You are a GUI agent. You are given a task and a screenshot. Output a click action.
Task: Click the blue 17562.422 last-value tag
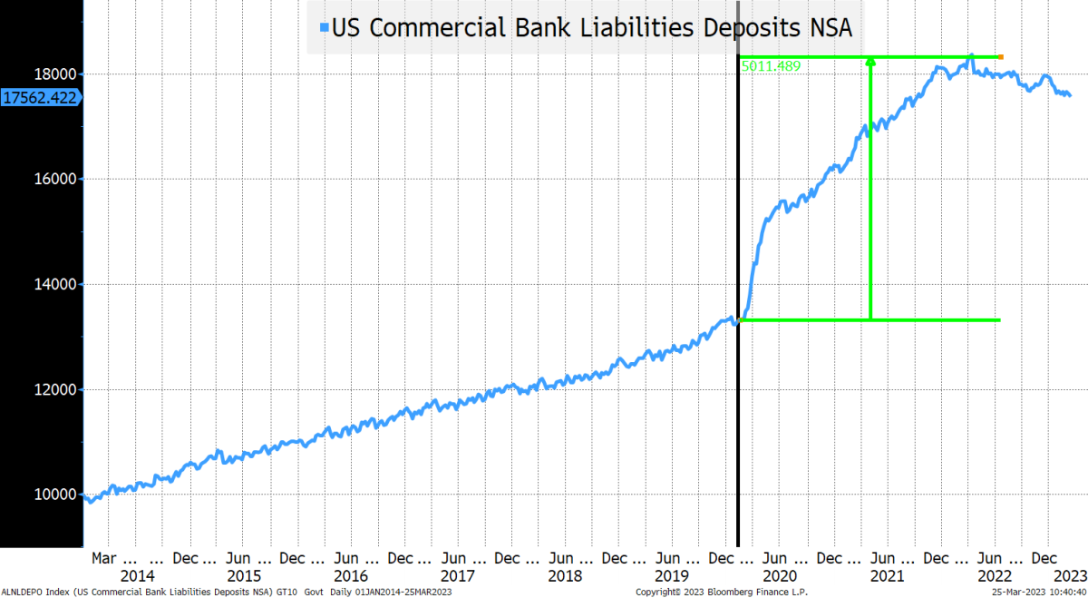(x=39, y=96)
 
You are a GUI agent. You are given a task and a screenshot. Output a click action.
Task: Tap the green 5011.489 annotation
(x=771, y=66)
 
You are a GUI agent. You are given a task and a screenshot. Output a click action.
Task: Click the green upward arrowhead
(x=870, y=61)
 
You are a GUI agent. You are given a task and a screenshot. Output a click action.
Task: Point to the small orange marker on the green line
(x=1000, y=57)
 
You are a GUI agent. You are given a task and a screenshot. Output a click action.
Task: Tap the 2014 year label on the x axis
(x=138, y=576)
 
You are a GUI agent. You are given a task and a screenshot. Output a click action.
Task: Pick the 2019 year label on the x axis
(x=672, y=576)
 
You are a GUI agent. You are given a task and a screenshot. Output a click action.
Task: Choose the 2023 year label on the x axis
(x=1070, y=576)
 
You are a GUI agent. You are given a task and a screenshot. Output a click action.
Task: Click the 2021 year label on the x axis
(x=886, y=576)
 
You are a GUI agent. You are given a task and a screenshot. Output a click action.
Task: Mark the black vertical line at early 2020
(x=738, y=408)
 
